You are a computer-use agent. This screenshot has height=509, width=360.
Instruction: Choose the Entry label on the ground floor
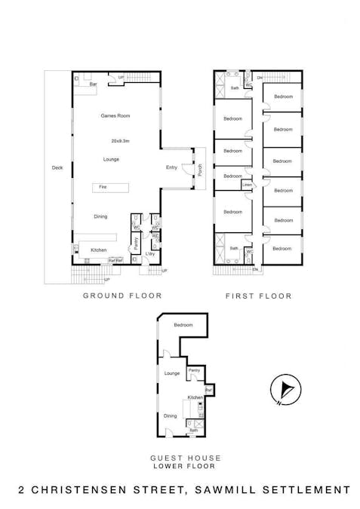click(x=171, y=167)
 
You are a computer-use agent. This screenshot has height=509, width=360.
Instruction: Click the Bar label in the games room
click(x=94, y=84)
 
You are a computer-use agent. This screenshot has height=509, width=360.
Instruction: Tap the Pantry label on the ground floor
click(x=137, y=242)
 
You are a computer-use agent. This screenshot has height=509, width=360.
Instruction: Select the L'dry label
click(x=150, y=253)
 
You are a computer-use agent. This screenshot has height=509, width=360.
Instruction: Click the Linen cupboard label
click(x=247, y=184)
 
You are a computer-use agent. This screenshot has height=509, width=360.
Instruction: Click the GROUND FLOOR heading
click(x=122, y=296)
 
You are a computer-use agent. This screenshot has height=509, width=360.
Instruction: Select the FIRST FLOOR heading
click(x=259, y=296)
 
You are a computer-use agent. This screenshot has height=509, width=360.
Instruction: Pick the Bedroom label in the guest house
click(x=183, y=325)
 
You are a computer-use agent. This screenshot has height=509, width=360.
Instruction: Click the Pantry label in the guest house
click(x=193, y=370)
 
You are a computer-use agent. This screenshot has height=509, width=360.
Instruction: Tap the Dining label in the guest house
click(x=171, y=415)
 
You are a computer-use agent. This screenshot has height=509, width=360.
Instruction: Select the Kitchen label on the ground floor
click(x=98, y=250)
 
